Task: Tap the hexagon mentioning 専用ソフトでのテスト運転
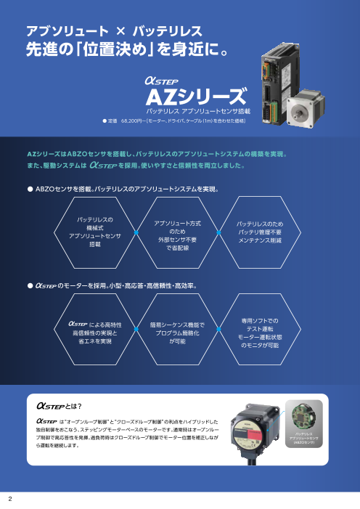[266, 331]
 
